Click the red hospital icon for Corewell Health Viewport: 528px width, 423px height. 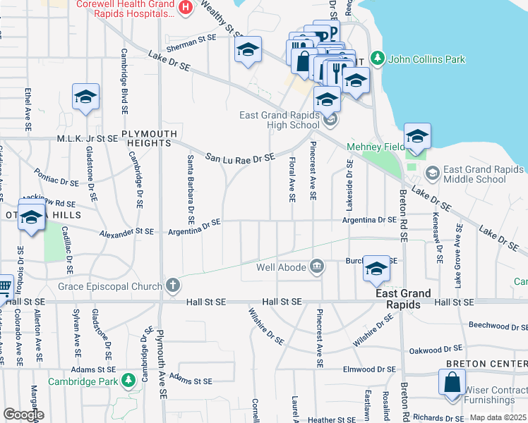click(x=186, y=7)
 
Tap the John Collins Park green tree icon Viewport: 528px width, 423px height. click(x=377, y=59)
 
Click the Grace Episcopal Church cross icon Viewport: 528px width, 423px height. click(x=173, y=286)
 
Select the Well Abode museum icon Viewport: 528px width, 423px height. click(x=317, y=266)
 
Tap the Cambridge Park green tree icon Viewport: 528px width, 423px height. click(x=128, y=381)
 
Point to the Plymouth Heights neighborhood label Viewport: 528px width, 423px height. click(x=146, y=138)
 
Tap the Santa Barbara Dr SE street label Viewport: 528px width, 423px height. click(x=190, y=185)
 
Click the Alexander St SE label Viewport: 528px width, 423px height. click(x=126, y=233)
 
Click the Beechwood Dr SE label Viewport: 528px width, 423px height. click(x=498, y=326)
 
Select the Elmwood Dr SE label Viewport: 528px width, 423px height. click(x=369, y=369)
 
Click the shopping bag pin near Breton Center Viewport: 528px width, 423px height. click(x=452, y=384)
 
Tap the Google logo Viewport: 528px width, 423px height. click(x=23, y=415)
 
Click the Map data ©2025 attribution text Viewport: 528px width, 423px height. click(x=498, y=417)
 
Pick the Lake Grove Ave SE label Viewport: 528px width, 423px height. click(x=459, y=255)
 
